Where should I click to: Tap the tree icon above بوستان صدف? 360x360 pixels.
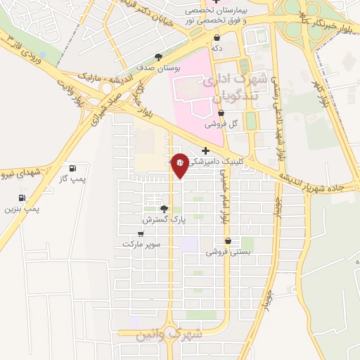coord(158,58)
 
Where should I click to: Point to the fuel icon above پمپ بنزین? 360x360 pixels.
coord(22,198)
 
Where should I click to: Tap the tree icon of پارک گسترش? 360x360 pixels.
coord(164,209)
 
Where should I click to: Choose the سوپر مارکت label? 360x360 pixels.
coord(141,243)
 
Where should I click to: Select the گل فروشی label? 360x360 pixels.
coord(221,123)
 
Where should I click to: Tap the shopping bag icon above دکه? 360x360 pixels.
coord(216,37)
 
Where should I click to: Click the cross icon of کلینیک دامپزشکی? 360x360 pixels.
coord(205,150)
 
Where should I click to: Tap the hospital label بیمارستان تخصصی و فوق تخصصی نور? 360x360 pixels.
coord(208,17)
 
